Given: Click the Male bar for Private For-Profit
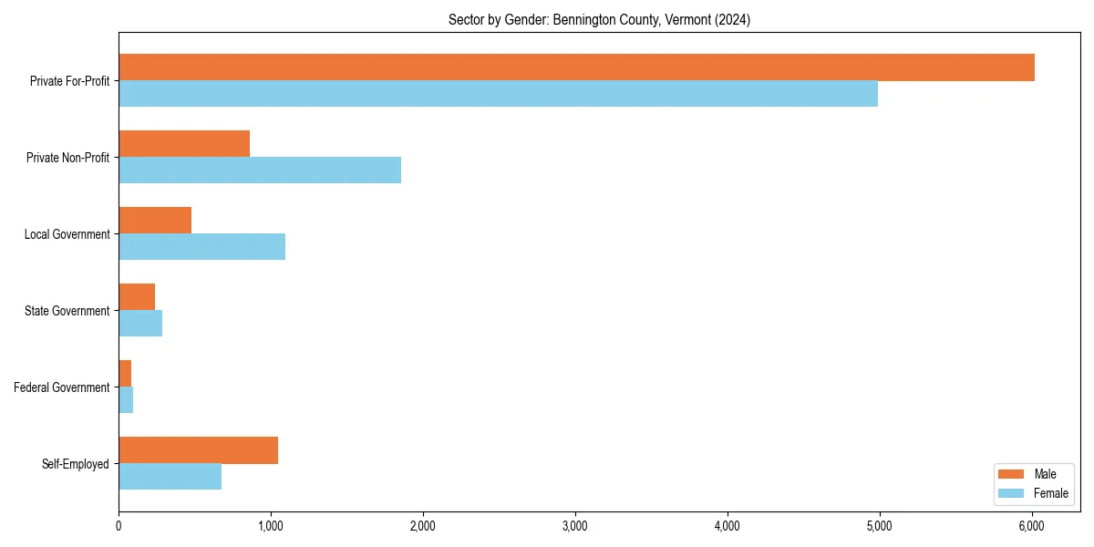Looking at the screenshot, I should click(x=576, y=67).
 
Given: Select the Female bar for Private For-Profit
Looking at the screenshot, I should click(x=498, y=94).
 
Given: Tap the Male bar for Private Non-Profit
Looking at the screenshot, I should click(x=184, y=144).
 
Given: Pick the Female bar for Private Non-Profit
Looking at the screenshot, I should click(x=260, y=170).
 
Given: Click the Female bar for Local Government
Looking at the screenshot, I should click(x=201, y=247).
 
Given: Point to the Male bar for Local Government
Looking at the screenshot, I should click(x=155, y=221).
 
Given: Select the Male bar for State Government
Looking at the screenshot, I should click(x=137, y=297).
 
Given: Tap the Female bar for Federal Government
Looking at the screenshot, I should click(x=126, y=400).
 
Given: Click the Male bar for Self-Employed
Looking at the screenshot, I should click(x=198, y=450).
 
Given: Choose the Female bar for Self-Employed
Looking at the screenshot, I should click(x=170, y=477).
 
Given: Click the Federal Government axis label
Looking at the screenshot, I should click(x=62, y=387).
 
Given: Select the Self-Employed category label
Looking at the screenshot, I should click(x=76, y=464).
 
